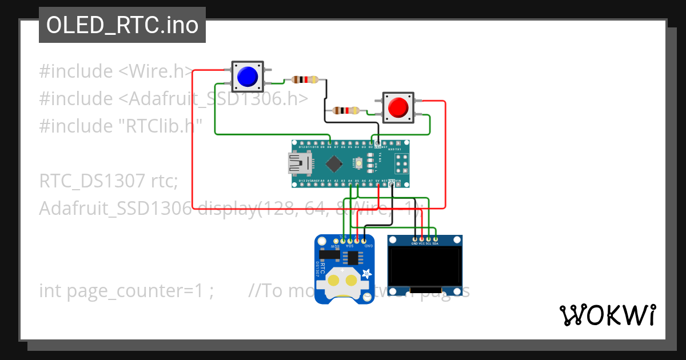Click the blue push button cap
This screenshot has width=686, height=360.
tap(247, 77)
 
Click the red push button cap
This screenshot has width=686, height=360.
tap(398, 107)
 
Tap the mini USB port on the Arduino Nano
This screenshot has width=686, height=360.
tap(298, 164)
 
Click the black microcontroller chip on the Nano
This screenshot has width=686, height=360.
tap(334, 164)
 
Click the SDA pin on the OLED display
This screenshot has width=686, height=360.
tap(436, 238)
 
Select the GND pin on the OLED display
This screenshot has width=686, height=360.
tap(414, 238)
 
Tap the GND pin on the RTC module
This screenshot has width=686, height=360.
tap(364, 241)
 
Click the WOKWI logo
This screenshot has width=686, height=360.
tap(608, 315)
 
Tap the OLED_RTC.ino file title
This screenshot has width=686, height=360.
tap(122, 25)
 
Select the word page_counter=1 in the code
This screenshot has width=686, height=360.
tap(139, 291)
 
